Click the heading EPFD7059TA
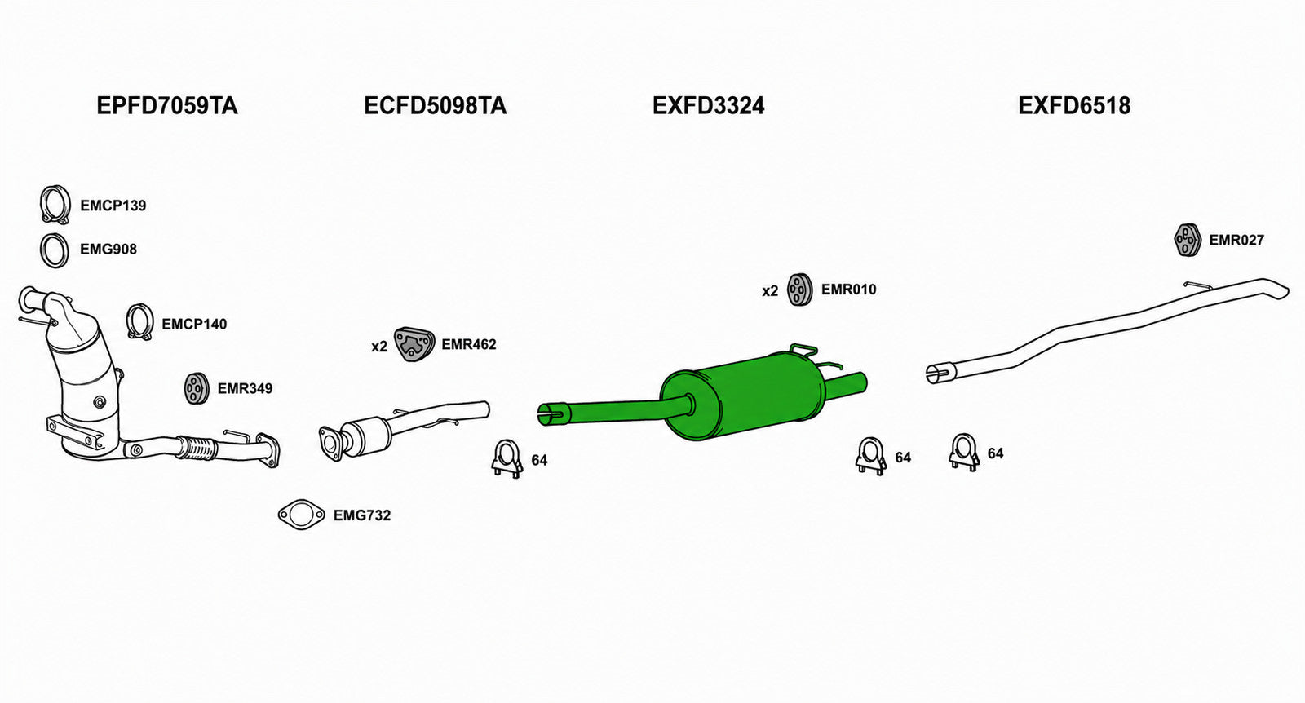tap(166, 106)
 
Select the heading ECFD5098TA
tap(436, 106)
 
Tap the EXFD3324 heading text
tap(708, 106)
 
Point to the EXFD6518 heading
tap(1074, 106)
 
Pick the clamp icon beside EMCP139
tap(55, 205)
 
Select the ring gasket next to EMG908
tap(54, 250)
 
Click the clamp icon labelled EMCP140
tap(139, 321)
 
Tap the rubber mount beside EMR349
tap(197, 388)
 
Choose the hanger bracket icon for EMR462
tap(414, 344)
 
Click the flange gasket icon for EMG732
tap(301, 515)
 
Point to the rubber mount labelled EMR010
tap(799, 290)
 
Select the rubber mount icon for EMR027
tap(1187, 240)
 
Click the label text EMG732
tap(362, 515)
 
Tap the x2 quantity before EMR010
tap(770, 291)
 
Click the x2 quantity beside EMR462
tap(379, 347)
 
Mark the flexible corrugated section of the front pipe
tap(196, 448)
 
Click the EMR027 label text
tap(1236, 240)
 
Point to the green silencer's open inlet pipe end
tap(548, 414)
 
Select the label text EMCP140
tap(194, 324)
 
